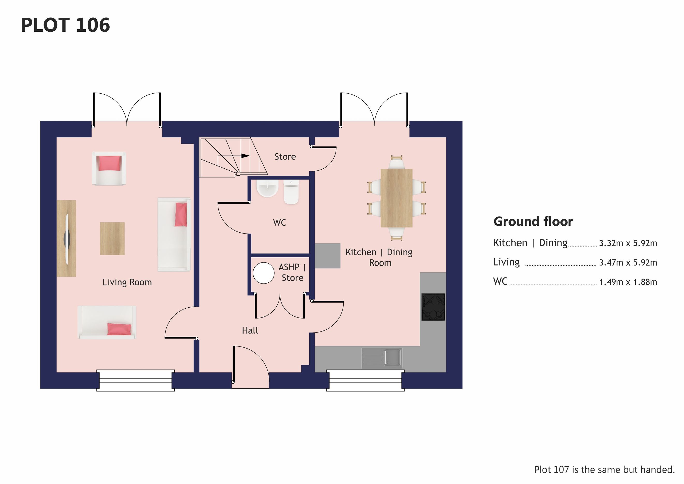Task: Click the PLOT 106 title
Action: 65,25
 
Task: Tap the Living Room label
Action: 127,282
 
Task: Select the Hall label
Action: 250,330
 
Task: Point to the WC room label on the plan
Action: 280,223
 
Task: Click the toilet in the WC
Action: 291,191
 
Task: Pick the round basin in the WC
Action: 268,188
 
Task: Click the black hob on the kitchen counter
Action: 433,307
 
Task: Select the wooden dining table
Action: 396,198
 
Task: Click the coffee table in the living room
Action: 112,239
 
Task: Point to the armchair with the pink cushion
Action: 109,169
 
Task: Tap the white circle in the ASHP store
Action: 264,273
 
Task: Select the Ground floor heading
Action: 533,222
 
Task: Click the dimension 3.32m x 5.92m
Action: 628,243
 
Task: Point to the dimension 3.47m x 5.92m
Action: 628,263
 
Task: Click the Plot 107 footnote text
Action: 604,470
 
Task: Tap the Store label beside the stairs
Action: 285,157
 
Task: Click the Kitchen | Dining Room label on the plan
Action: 379,257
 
